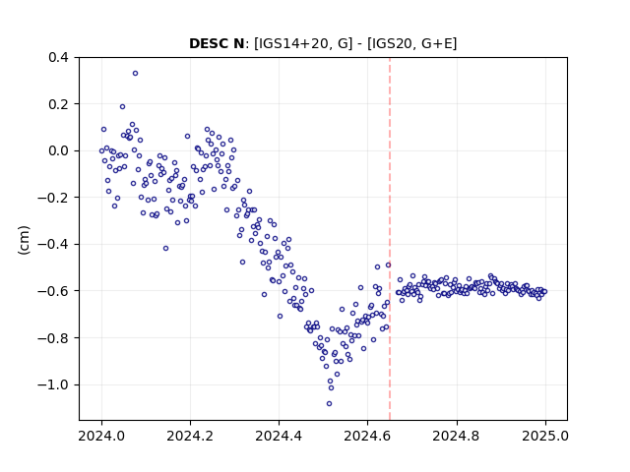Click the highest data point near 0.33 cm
136,74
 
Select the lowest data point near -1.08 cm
329,404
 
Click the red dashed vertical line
390,239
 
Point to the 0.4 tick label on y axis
58,57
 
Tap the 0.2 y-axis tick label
58,104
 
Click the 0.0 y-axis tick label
58,150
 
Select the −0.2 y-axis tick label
53,198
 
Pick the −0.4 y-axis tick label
53,245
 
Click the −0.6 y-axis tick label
53,291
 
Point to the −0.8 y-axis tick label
53,338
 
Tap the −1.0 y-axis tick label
53,384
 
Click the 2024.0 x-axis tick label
101,436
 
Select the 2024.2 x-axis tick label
190,436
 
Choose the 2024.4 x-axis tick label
279,436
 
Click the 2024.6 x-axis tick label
367,436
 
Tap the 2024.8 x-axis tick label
456,436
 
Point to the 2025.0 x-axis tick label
545,436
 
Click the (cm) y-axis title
24,240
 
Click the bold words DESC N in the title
217,43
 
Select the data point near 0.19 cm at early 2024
122,107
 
